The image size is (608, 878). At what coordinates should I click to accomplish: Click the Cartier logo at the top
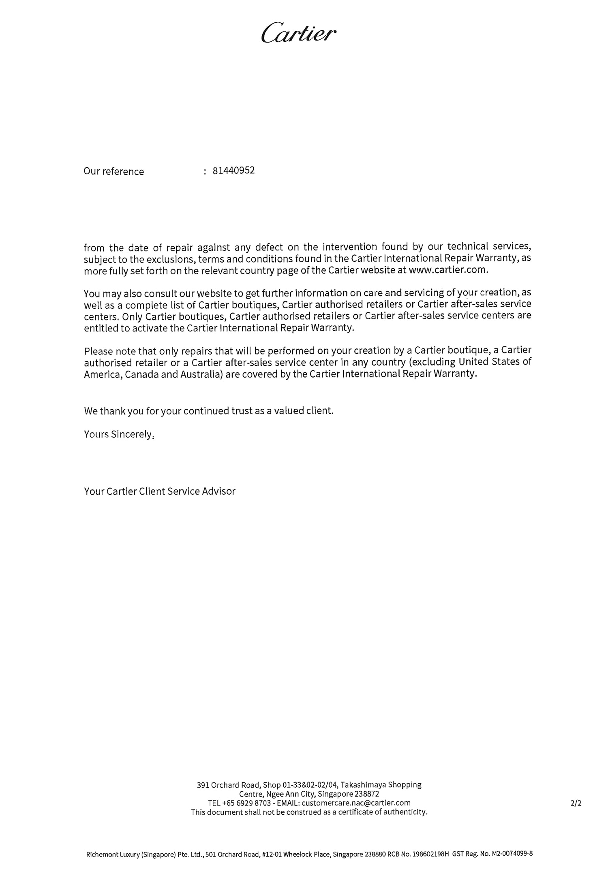(x=299, y=33)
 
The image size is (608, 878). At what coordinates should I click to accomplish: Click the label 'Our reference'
(x=113, y=171)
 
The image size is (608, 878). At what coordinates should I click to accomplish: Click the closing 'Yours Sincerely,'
(x=119, y=434)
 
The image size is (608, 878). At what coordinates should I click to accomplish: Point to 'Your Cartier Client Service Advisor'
(x=160, y=491)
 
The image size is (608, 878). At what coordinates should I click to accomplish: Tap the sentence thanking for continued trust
(x=209, y=411)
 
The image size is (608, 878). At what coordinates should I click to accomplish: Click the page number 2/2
(x=576, y=803)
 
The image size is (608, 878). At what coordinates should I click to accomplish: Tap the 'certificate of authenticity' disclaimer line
(x=309, y=812)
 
